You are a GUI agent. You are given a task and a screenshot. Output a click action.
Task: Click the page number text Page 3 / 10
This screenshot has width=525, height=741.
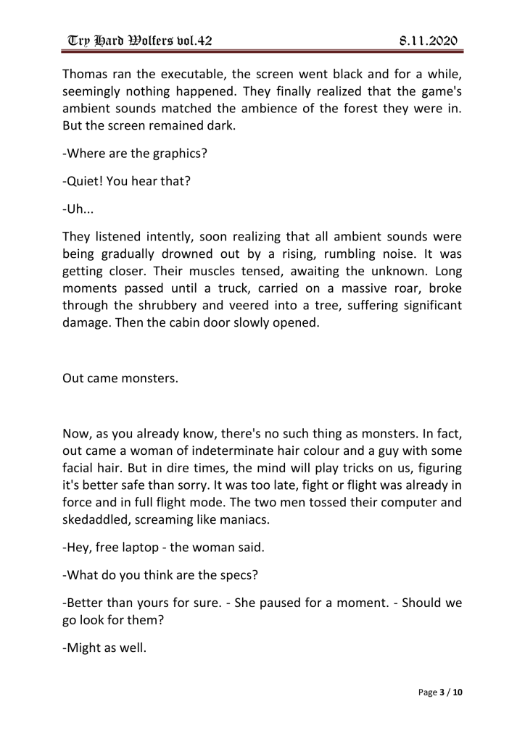(440, 692)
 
